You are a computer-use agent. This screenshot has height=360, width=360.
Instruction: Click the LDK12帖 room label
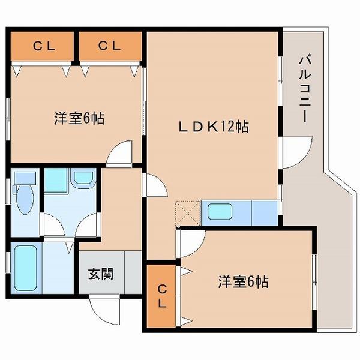(214, 127)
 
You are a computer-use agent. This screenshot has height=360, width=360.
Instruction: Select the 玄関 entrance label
(101, 274)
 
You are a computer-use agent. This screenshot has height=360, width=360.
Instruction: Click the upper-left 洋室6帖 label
(79, 118)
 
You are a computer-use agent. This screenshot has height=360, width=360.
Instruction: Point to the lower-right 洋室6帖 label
(243, 282)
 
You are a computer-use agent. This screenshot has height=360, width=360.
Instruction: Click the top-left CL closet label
(44, 46)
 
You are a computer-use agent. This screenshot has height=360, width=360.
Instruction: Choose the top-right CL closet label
(109, 46)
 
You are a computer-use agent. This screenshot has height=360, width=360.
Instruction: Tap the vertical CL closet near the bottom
(162, 296)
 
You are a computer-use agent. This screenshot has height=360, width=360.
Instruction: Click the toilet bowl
(25, 199)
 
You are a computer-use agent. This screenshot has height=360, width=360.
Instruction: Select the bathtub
(25, 268)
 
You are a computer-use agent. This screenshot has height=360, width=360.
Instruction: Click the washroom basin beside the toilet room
(83, 178)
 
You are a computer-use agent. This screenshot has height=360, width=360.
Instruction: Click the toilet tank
(25, 178)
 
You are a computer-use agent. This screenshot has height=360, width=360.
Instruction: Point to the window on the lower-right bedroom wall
(314, 282)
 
